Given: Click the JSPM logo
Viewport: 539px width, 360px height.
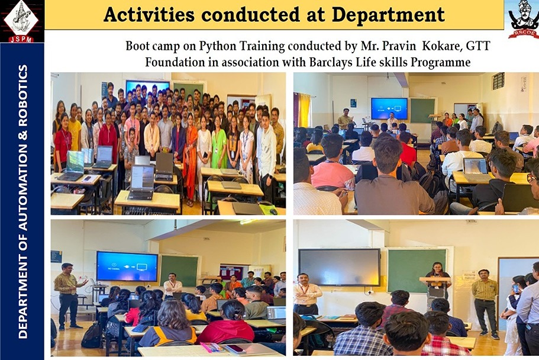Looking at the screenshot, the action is click(22, 21).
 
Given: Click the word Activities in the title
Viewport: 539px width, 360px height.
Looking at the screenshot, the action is click(149, 15).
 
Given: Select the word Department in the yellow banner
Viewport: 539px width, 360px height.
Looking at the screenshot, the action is click(388, 15).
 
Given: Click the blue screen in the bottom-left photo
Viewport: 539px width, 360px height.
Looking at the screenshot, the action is click(127, 266).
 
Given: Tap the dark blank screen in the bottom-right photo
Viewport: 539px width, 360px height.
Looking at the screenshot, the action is click(339, 267).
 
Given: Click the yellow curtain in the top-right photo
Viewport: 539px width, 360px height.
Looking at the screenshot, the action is click(304, 110).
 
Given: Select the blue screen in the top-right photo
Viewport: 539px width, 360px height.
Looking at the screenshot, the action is click(389, 108).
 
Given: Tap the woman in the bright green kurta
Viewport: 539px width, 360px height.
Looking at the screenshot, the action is click(219, 144).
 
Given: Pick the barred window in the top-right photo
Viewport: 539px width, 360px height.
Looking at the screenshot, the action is click(498, 81).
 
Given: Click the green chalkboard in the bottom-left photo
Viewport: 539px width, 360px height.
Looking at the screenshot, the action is click(179, 271).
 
